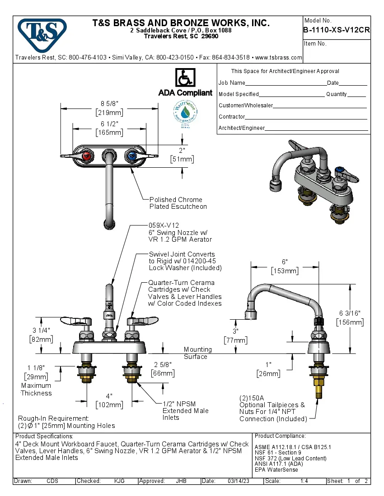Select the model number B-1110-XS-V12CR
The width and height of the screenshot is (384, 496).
[x=337, y=30]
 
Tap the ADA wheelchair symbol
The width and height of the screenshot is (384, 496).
[x=185, y=78]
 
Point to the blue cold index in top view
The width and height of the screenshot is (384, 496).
[x=131, y=156]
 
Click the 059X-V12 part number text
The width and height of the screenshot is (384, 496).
[x=164, y=225]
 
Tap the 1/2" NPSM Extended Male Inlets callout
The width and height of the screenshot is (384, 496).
[x=185, y=410]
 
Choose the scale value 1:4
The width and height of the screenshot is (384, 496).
[x=304, y=481]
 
